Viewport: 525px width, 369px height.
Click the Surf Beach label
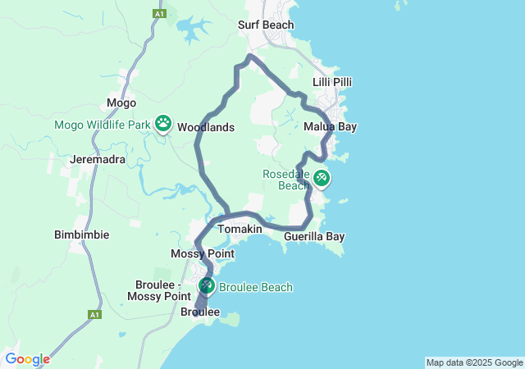(266, 25)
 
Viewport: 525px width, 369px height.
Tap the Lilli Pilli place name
(332, 83)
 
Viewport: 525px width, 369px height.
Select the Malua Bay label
(330, 127)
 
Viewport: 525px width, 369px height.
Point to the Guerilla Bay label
(313, 237)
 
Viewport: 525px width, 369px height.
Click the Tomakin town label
(240, 229)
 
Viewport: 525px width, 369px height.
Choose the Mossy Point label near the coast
(203, 254)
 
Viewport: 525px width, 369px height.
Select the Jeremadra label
(98, 159)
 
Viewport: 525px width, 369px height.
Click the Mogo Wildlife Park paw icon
(163, 123)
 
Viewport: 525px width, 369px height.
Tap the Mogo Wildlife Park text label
(103, 125)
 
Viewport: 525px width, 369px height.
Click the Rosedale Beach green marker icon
(321, 176)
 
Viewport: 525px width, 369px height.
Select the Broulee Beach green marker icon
(207, 285)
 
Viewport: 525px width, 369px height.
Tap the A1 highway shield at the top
(157, 14)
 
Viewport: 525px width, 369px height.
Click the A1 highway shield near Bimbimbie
(95, 314)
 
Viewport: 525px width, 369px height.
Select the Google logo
(27, 359)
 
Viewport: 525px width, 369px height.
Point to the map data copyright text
(474, 362)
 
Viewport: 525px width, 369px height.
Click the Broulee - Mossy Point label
(163, 289)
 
